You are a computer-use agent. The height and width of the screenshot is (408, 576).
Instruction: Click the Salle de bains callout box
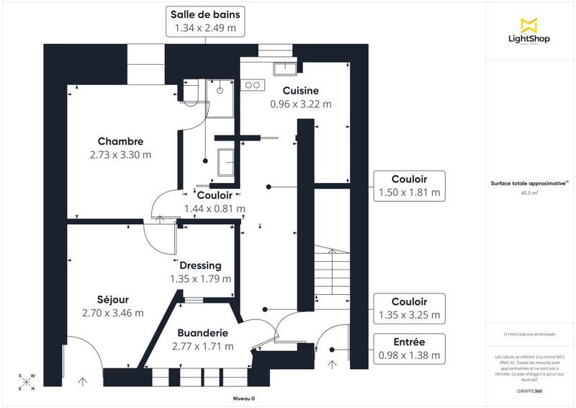tap(205, 22)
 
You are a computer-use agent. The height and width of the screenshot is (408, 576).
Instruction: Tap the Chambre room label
tap(121, 141)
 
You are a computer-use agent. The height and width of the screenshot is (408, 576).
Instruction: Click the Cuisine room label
tap(300, 91)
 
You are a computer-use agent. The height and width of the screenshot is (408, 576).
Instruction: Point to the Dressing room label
tap(200, 265)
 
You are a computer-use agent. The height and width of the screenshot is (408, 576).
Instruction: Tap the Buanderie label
tap(203, 333)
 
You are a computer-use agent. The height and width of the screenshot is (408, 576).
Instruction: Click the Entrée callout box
tap(409, 348)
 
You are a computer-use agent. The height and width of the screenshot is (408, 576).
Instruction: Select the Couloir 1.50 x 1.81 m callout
tap(409, 185)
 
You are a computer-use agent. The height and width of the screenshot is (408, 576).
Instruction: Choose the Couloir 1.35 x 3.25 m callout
tap(409, 308)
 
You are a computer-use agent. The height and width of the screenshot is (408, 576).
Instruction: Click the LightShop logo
tap(530, 31)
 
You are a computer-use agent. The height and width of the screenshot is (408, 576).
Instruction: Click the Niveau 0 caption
tap(243, 399)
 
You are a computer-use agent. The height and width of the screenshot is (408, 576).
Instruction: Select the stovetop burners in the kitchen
tap(253, 85)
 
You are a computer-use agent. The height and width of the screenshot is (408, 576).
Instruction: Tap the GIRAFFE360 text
tap(530, 390)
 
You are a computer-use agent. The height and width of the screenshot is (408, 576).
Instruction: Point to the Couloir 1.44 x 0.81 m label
tap(215, 202)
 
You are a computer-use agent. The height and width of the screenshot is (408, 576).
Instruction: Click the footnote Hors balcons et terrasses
tap(530, 334)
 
